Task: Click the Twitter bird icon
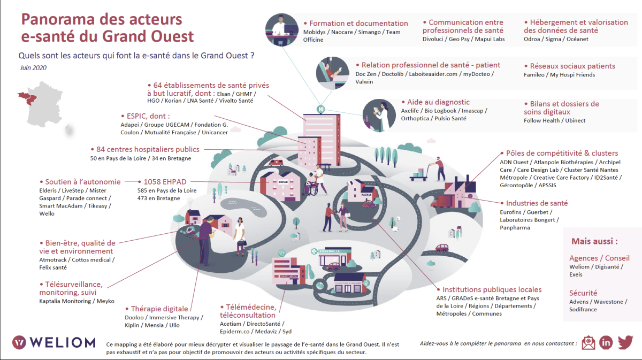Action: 625,342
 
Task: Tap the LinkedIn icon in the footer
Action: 606,342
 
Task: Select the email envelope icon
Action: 588,342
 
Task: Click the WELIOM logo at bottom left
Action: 53,342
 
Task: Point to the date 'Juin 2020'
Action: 34,68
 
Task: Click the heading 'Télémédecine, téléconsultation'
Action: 248,311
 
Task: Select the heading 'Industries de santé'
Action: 537,203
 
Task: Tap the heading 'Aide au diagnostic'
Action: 435,102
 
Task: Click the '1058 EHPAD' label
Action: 165,182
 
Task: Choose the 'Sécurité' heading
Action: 583,293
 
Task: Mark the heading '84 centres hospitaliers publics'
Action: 148,149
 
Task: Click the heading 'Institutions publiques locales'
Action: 492,289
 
